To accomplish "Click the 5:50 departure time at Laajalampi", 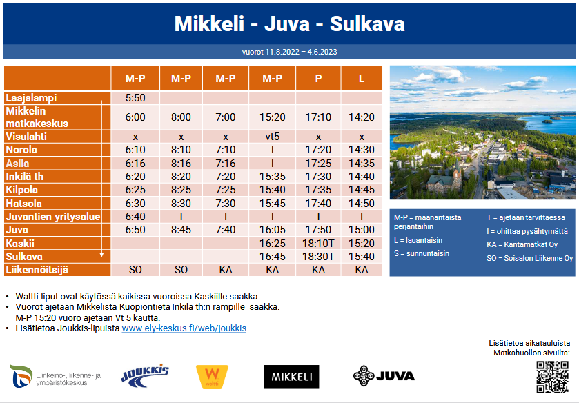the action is [x=135, y=98].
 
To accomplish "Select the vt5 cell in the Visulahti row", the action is [x=272, y=137].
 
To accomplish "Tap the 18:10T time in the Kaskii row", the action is [x=318, y=243].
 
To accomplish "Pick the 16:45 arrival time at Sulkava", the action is [x=272, y=256].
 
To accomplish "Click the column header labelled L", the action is [x=362, y=78].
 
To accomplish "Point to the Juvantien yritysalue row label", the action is [x=53, y=217].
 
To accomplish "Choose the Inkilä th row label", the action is [x=25, y=177].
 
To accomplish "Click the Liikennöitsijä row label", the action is [x=37, y=270].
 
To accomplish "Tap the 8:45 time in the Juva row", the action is [x=181, y=230].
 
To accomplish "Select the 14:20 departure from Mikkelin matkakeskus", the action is [x=362, y=117].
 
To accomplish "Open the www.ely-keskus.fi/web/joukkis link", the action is [x=184, y=328].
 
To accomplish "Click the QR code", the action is [x=552, y=377].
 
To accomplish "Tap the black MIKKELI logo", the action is [x=291, y=376].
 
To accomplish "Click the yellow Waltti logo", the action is [x=212, y=376].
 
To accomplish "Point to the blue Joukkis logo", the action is [x=145, y=376].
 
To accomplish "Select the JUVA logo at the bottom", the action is [x=384, y=376].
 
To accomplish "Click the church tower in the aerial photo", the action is [x=457, y=175].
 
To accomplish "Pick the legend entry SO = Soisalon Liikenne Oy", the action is [x=529, y=258].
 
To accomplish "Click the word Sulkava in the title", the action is [x=367, y=24].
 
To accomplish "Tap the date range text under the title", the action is [x=290, y=52].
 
